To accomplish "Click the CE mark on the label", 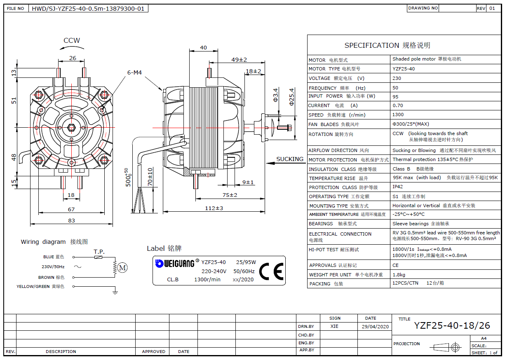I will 271,271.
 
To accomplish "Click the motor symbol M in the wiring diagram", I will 122,268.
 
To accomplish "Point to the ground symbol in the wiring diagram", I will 115,292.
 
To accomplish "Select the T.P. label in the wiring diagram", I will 99,251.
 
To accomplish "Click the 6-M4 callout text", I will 134,72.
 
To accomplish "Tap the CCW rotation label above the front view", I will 72,41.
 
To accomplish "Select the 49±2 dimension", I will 239,60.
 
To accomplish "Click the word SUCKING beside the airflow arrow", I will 290,159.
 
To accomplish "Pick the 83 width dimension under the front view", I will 72,220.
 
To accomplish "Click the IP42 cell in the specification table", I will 398,187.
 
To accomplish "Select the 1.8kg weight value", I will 399,274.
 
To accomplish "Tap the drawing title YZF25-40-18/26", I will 452,326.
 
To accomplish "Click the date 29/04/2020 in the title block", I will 375,326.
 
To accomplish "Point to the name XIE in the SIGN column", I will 334,326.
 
